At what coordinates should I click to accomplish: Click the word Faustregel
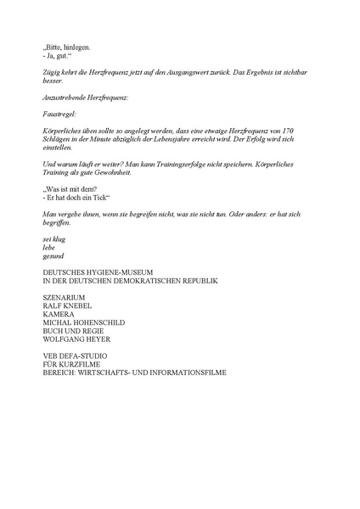59,112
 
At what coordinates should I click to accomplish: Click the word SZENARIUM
65,297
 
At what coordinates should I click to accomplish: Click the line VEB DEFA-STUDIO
76,355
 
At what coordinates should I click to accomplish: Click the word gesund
53,255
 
